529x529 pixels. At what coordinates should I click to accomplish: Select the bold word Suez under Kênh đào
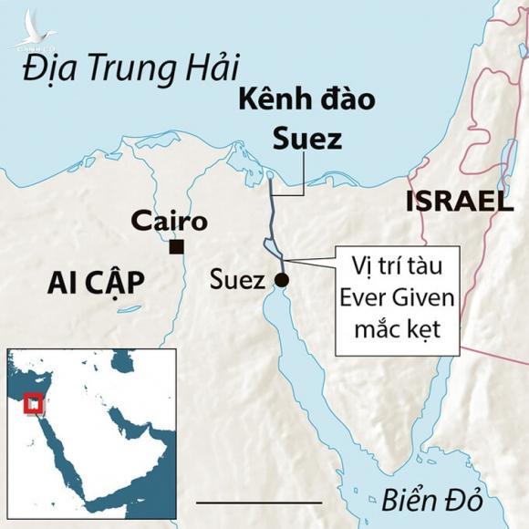pos(308,139)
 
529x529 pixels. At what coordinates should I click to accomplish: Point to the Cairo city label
pos(170,221)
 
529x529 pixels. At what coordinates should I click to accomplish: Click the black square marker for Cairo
pos(177,246)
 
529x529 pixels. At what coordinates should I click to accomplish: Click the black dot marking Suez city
pos(281,279)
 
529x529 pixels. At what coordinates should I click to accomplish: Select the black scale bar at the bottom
pos(259,502)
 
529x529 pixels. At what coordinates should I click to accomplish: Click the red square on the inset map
pos(34,402)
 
